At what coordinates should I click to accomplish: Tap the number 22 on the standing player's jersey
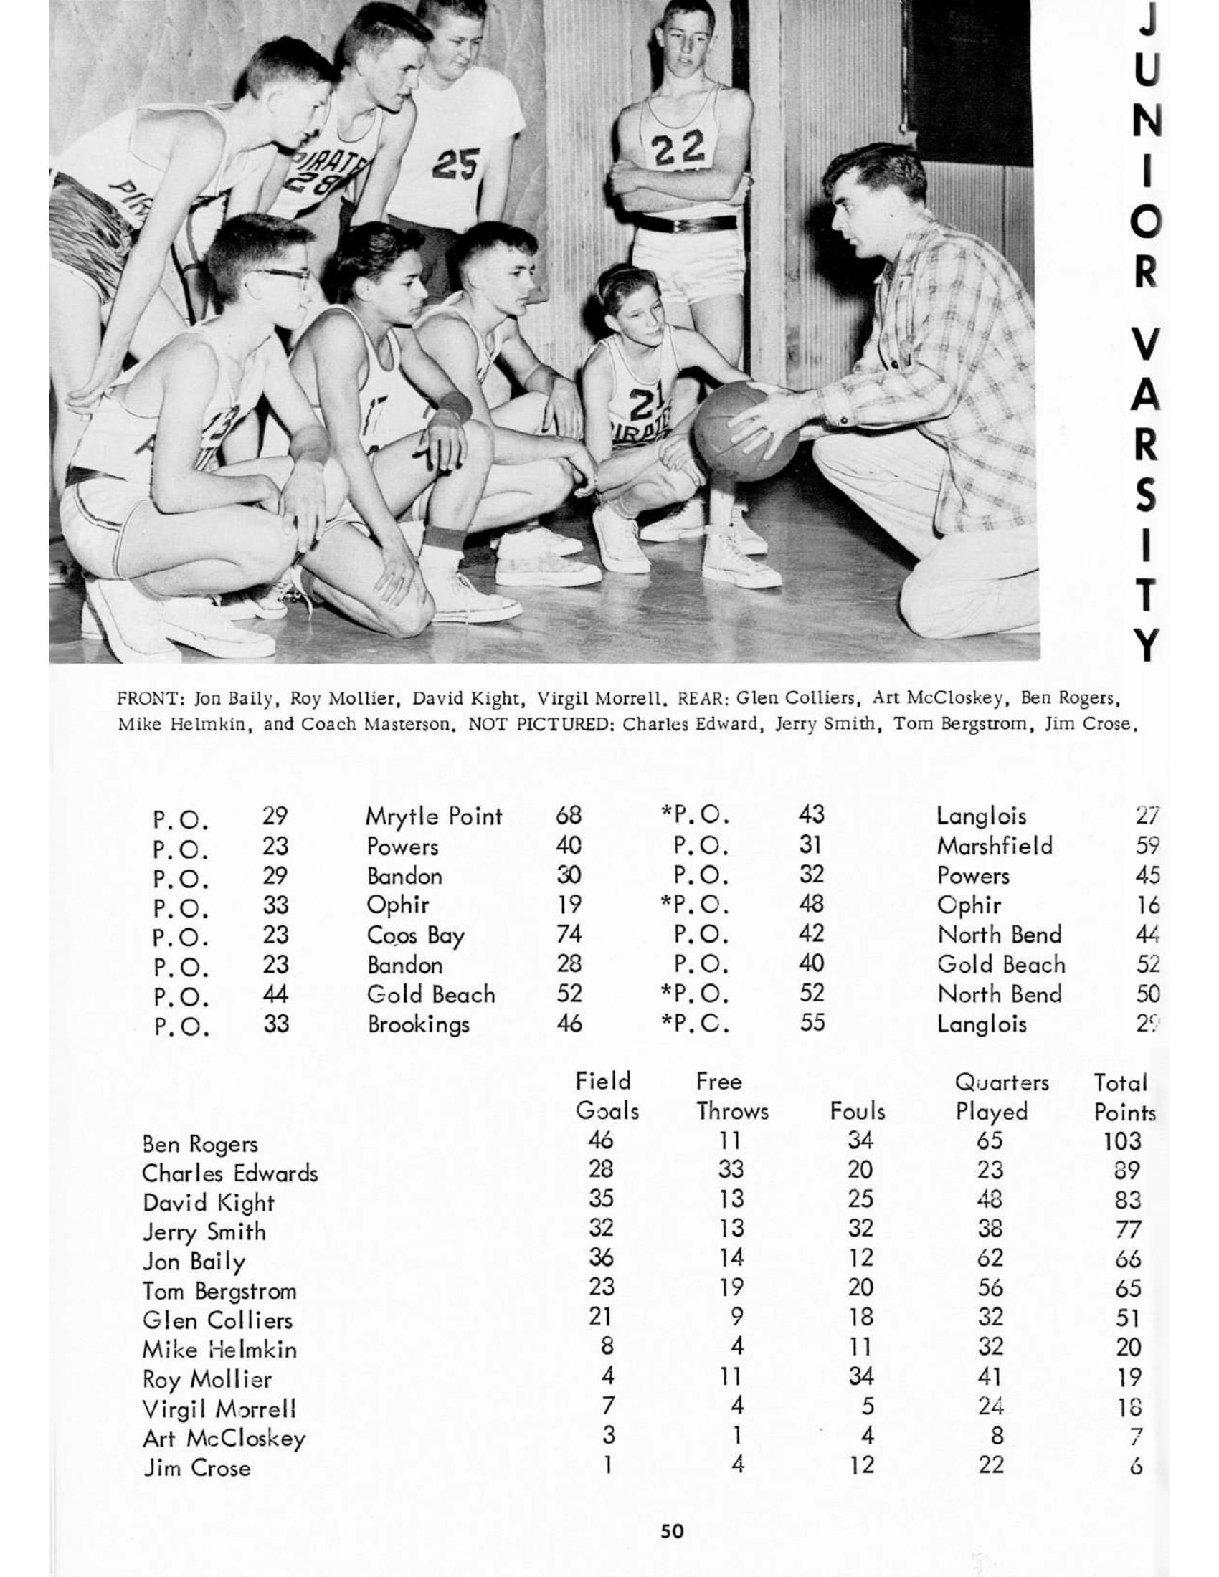[x=678, y=150]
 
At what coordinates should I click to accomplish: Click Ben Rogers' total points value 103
[x=1122, y=1141]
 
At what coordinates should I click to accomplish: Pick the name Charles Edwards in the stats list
[x=229, y=1173]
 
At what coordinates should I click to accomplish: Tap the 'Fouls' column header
[x=857, y=1110]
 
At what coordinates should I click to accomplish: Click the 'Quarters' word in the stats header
[x=1001, y=1082]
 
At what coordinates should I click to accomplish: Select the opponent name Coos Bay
[x=415, y=935]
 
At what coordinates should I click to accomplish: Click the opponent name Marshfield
[x=995, y=846]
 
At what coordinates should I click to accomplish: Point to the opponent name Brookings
[x=418, y=1024]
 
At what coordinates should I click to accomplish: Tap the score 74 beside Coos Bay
[x=569, y=934]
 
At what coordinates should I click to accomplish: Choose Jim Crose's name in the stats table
[x=196, y=1468]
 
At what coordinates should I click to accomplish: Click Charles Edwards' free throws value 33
[x=731, y=1170]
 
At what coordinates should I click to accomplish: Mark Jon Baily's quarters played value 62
[x=990, y=1258]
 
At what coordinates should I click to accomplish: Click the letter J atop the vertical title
[x=1147, y=20]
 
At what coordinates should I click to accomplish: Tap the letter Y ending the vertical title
[x=1147, y=644]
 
